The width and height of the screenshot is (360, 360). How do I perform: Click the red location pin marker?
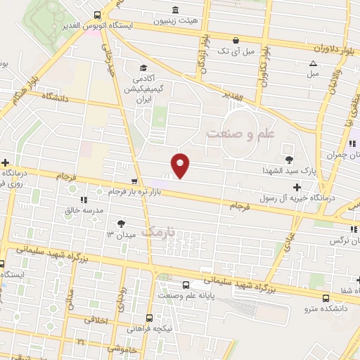click(181, 165)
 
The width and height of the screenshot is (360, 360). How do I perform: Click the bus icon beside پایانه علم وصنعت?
click(186, 285)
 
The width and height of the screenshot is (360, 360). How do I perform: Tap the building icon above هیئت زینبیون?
click(175, 10)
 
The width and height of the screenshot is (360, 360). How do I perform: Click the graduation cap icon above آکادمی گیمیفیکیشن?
click(143, 68)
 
